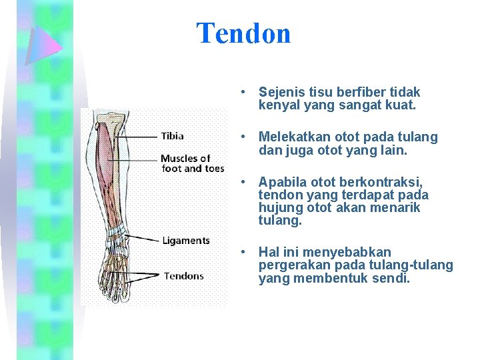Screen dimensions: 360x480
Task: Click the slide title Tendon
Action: click(243, 33)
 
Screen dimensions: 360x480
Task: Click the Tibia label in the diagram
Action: click(173, 136)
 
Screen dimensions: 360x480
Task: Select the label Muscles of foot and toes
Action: click(192, 163)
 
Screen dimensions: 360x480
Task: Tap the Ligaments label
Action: click(186, 241)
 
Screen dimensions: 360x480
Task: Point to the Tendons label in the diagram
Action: click(184, 276)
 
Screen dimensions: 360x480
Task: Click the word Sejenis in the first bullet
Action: click(280, 92)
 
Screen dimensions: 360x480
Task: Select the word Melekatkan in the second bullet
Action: click(291, 137)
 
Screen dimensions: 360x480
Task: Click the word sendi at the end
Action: click(391, 278)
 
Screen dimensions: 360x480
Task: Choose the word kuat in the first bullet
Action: click(399, 105)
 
